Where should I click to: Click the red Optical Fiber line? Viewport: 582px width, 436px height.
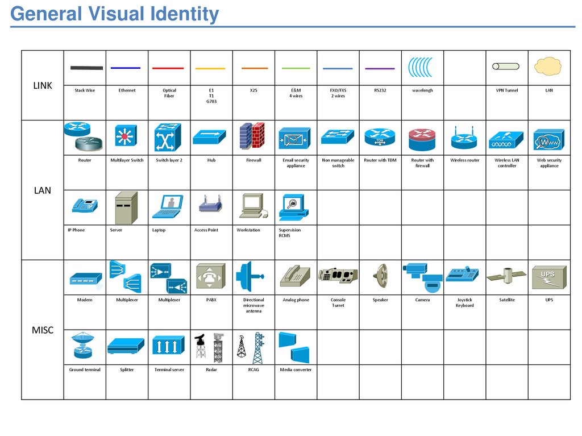tap(168, 68)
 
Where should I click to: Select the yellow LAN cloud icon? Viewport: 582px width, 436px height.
tap(548, 66)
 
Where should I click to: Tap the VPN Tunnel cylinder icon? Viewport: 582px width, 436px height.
tap(506, 67)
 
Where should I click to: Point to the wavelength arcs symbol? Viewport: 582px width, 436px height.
tap(420, 67)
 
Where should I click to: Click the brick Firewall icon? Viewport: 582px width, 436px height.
tap(252, 136)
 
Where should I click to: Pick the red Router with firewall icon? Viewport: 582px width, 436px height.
tap(422, 137)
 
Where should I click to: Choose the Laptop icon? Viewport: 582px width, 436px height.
tap(168, 206)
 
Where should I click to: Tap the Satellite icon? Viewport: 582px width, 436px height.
tap(506, 276)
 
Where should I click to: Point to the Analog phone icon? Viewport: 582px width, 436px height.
tap(294, 276)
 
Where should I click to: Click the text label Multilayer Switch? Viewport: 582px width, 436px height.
tap(127, 160)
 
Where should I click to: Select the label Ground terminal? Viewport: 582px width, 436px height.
tap(85, 369)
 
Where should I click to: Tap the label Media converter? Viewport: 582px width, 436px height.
tap(296, 369)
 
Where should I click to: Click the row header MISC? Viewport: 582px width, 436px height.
tap(43, 330)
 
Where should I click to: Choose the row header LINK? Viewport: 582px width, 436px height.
tap(43, 86)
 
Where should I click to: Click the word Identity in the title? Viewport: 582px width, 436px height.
tap(184, 14)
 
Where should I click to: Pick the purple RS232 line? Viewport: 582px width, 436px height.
tap(380, 69)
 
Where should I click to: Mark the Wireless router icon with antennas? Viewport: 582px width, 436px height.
tap(464, 137)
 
